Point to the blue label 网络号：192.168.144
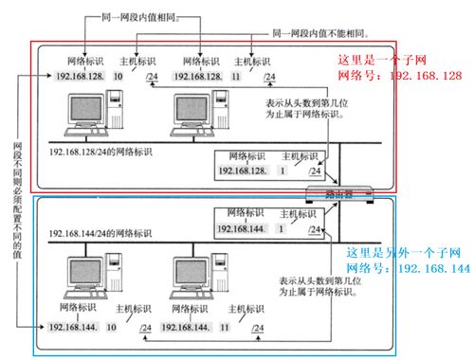[408, 268]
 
